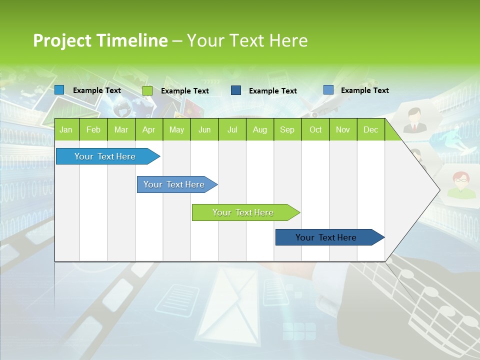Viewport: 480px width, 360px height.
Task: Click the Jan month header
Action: [66, 129]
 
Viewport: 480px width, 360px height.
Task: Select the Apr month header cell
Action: [148, 129]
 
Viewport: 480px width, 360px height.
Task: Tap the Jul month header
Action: [232, 129]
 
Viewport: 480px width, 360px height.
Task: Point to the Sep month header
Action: [287, 129]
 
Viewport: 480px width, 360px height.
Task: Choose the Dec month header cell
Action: [370, 129]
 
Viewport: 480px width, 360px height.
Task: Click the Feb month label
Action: [93, 129]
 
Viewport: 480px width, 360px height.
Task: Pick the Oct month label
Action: [315, 129]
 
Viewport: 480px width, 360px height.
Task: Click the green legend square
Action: [147, 90]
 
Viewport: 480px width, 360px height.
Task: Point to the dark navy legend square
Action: [236, 90]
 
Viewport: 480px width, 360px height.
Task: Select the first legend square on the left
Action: [59, 90]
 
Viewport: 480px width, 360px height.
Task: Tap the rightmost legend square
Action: [328, 90]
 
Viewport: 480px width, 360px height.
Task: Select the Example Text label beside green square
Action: [184, 91]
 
